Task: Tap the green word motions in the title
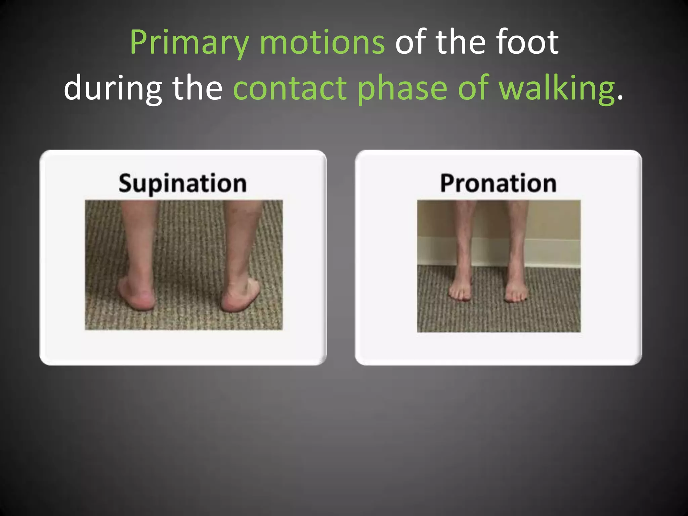tap(322, 43)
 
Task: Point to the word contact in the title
tap(290, 88)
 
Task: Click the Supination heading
tap(182, 183)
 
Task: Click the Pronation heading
tap(498, 183)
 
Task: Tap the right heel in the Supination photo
tap(235, 299)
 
